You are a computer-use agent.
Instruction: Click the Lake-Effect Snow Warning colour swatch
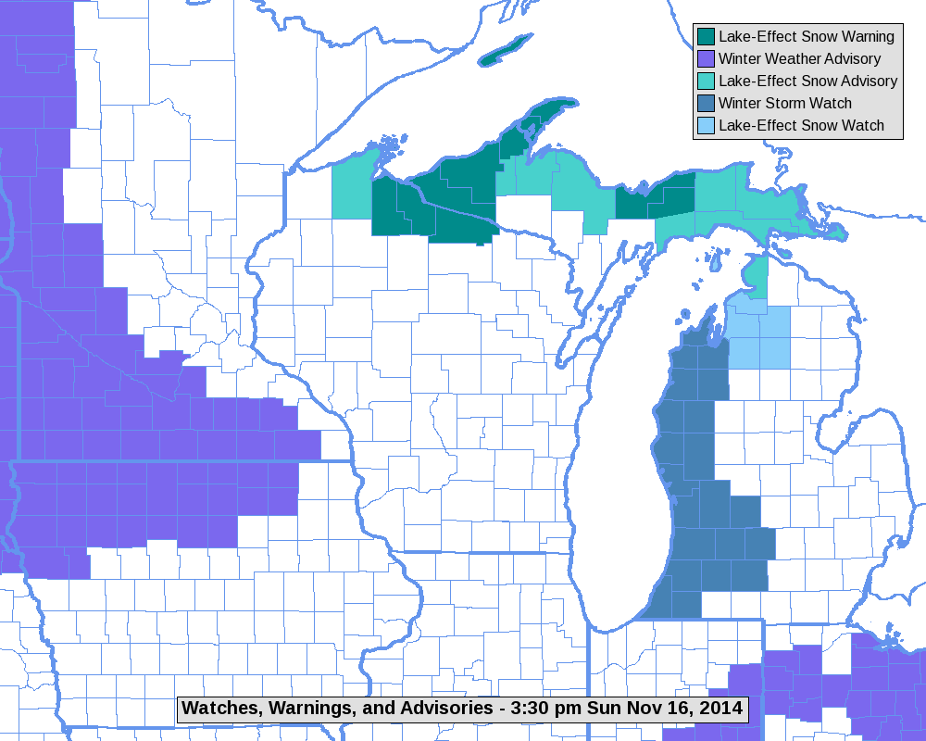[x=706, y=37]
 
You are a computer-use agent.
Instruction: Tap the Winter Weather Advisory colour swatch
[x=706, y=59]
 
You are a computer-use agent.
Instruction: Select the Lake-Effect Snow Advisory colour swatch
[x=706, y=82]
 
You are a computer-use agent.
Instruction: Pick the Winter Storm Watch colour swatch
[x=706, y=104]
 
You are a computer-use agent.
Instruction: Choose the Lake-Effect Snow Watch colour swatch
[x=706, y=126]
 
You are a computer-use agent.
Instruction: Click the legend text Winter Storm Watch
[x=784, y=104]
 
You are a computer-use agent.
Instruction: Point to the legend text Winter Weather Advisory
[x=793, y=59]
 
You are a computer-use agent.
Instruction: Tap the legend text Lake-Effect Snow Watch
[x=801, y=126]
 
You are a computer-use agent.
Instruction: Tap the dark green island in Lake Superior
[x=506, y=46]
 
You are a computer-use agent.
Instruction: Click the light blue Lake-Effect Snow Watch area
[x=761, y=338]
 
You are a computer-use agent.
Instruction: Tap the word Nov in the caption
[x=647, y=709]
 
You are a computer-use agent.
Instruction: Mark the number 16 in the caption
[x=682, y=709]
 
